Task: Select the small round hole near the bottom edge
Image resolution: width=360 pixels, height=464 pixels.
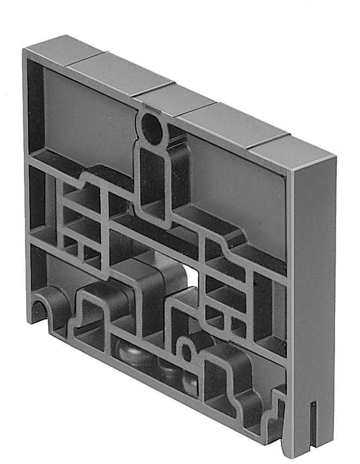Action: pos(186,352)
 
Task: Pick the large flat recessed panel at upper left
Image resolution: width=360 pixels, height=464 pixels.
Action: pos(87,119)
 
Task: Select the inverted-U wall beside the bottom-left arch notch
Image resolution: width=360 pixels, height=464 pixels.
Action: pos(89,306)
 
